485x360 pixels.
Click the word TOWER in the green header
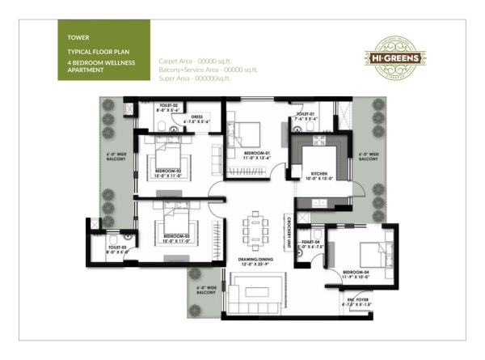pos(78,36)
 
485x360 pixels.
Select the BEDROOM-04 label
pos(356,272)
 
